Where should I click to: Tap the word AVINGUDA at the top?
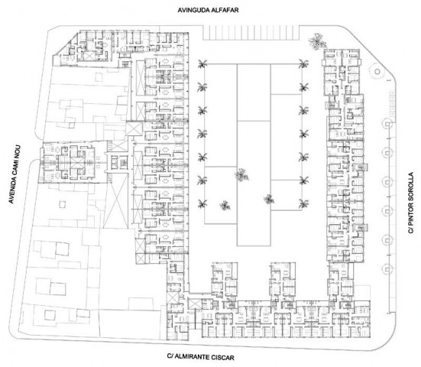point(193,10)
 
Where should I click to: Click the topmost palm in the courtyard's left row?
point(202,64)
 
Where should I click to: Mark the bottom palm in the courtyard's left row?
point(202,204)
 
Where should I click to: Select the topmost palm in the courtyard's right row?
point(303,64)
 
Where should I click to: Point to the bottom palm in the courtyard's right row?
point(303,204)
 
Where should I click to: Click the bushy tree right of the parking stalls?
point(318,41)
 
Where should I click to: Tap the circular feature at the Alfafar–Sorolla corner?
point(377,71)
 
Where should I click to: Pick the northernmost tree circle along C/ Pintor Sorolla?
point(387,124)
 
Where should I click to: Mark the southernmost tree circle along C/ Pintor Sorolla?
point(387,269)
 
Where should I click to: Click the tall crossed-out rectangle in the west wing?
point(116,200)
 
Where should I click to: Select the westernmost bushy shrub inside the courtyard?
point(225,206)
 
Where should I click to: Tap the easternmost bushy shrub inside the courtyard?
point(269,200)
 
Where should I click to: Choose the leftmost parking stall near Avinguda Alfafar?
point(206,33)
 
